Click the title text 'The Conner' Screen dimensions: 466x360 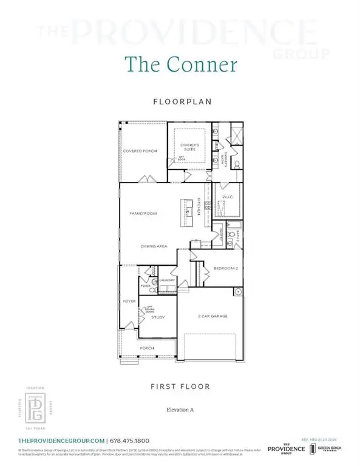click(180, 64)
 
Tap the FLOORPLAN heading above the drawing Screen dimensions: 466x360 click(180, 102)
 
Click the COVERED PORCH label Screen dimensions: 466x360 click(139, 150)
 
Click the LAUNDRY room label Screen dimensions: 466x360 click(168, 280)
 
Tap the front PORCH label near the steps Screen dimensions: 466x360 click(146, 348)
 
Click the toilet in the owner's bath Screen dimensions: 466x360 click(237, 164)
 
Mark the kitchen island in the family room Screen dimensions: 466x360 click(185, 209)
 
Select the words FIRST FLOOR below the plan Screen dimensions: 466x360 click(180, 386)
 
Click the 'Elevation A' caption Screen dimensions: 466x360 click(180, 410)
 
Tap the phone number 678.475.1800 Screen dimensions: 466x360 click(130, 441)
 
